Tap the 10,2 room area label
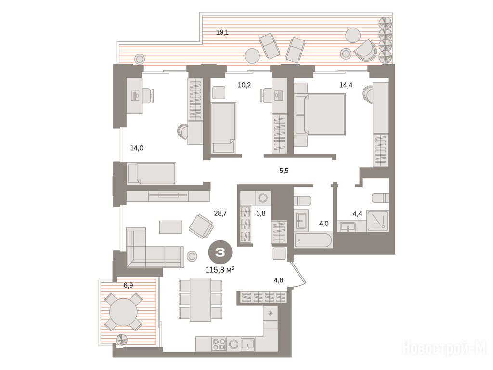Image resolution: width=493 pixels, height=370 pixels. point(244,85)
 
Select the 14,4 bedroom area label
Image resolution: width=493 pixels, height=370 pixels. point(346,85)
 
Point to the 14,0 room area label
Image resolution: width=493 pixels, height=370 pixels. point(137,148)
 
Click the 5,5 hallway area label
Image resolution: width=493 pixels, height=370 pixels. point(284,171)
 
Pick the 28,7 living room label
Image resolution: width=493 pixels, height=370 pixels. point(221,213)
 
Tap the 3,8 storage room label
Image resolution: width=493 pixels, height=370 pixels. point(261,213)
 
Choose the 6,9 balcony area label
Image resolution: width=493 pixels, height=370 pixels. point(128,285)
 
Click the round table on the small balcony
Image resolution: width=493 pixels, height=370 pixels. point(123,312)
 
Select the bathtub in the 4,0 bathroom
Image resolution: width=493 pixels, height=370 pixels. point(313,241)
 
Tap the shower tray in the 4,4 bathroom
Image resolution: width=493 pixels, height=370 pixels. point(377,222)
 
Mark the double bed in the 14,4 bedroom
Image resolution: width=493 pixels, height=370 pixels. point(320,115)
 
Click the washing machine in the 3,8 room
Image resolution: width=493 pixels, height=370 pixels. point(262,198)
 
